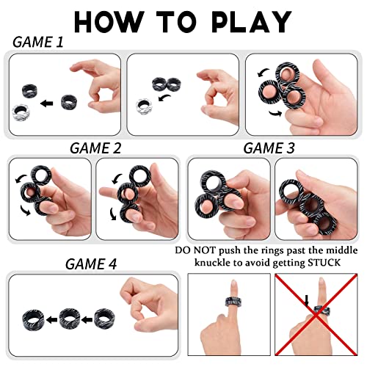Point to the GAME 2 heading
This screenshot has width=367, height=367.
pos(95,147)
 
